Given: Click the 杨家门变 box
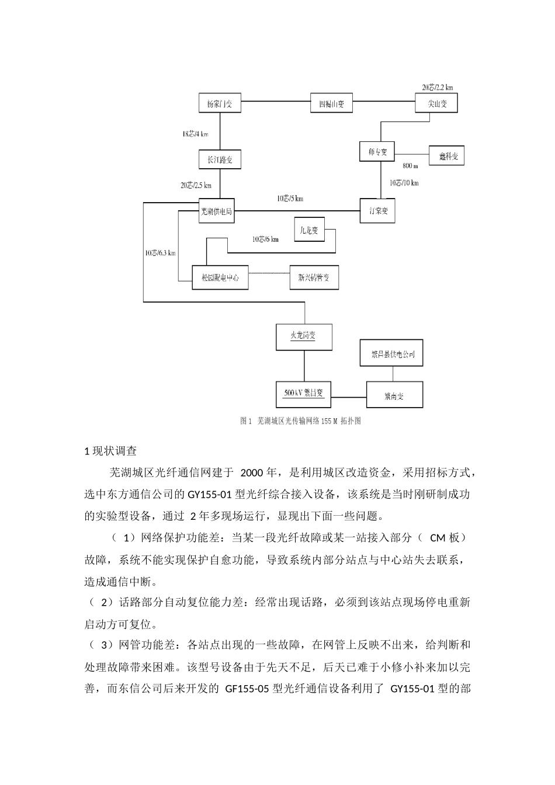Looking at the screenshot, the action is pos(220,104).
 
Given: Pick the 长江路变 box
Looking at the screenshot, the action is pos(220,159).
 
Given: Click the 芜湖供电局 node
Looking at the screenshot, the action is pos(216,211).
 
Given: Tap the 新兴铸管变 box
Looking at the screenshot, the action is pos(314,278).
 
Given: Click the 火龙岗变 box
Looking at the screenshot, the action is pos(304,336).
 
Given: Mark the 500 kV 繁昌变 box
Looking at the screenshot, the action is pos(304,394).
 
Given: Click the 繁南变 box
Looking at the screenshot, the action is pos(394,396).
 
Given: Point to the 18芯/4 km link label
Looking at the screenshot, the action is pos(195,134).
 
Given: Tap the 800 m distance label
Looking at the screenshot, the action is pos(410,166).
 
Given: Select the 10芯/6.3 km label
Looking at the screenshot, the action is pos(161,253).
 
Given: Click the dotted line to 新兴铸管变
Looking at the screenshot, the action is pos(269,273).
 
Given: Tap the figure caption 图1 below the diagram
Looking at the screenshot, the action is pos(301,421).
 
